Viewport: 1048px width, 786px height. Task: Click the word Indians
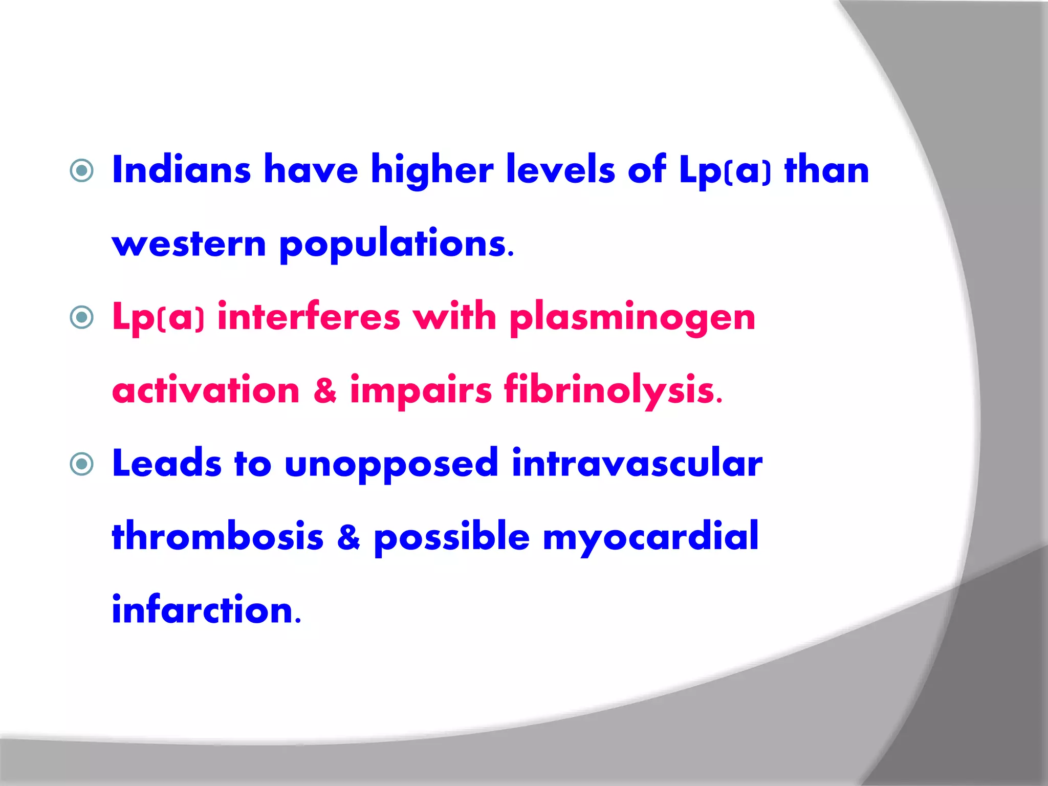181,170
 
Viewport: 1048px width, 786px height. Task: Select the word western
189,244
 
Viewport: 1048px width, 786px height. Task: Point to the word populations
396,244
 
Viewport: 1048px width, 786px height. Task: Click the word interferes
309,317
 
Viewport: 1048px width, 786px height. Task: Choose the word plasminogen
632,318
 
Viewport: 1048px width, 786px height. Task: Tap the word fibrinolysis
612,391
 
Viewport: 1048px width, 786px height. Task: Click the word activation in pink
206,391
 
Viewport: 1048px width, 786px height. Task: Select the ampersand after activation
325,391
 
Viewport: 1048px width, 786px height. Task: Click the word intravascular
637,464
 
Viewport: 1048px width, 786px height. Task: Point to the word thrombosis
217,537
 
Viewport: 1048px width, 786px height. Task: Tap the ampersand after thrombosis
348,537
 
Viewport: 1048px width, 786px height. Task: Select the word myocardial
650,537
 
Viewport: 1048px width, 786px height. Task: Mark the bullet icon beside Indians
82,170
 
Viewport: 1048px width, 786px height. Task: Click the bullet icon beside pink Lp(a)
82,317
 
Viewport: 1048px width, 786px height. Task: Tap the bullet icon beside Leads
82,464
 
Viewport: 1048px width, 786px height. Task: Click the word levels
560,170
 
